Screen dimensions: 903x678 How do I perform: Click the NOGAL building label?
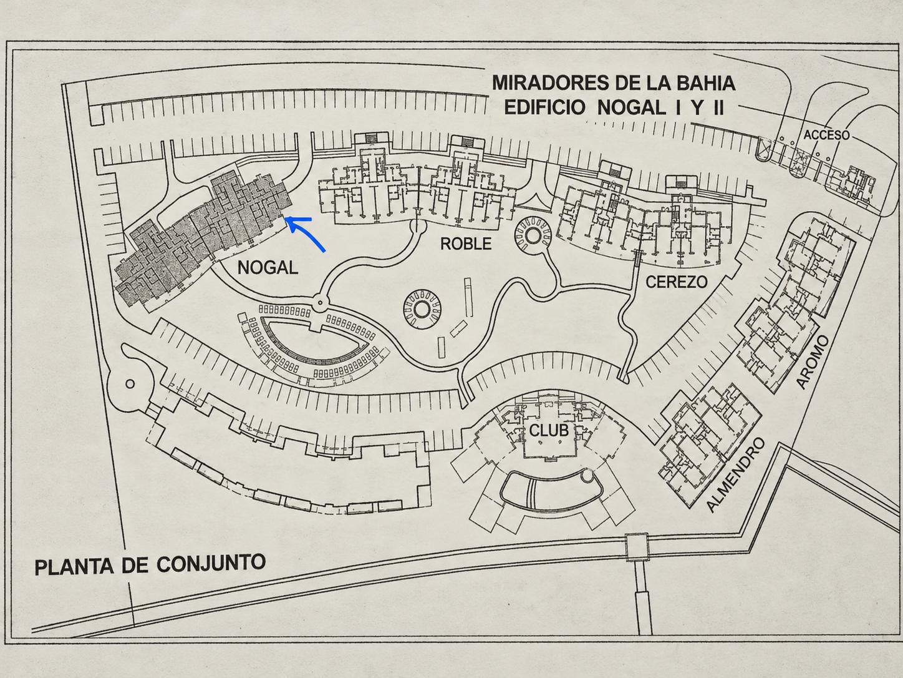click(x=268, y=268)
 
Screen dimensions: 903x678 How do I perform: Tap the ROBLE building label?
click(x=466, y=244)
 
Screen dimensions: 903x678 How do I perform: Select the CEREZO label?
click(x=677, y=282)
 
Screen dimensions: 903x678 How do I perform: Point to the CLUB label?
click(x=549, y=431)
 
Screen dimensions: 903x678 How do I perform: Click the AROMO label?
click(x=812, y=362)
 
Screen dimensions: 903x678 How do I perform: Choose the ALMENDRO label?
click(x=736, y=475)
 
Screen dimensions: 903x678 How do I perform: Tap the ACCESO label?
click(x=826, y=135)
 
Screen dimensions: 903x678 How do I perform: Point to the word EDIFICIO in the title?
click(x=544, y=108)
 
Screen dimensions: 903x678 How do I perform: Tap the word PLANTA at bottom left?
click(x=75, y=567)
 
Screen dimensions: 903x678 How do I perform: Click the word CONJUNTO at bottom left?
click(x=211, y=563)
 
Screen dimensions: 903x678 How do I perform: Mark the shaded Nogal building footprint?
click(x=203, y=237)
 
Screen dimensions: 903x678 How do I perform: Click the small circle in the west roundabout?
click(x=130, y=384)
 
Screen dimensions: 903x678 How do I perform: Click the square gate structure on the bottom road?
click(x=636, y=547)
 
